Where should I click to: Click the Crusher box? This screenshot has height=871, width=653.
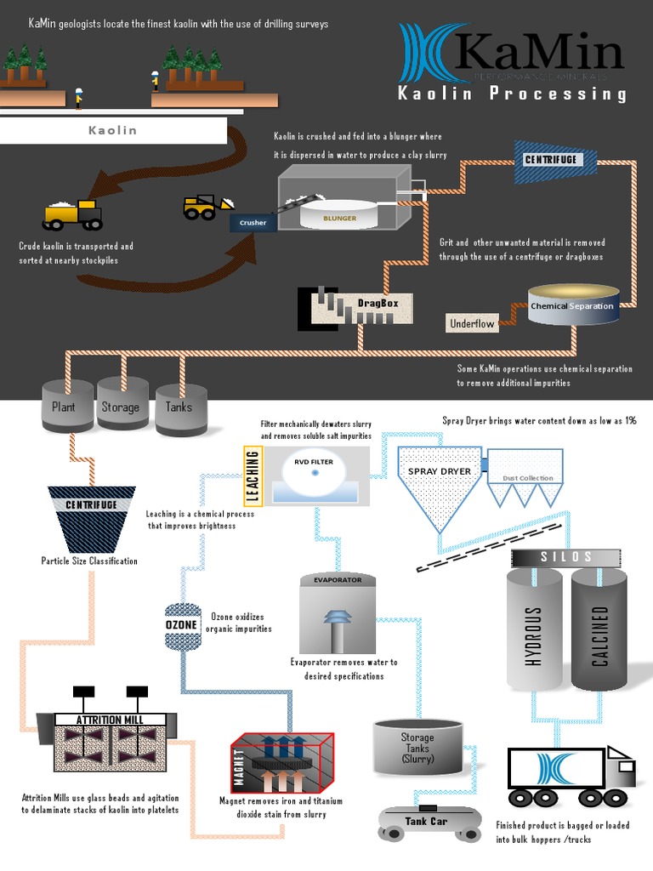(x=253, y=223)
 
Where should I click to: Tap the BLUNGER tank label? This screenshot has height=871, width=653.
(x=339, y=218)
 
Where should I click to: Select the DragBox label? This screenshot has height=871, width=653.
(x=372, y=302)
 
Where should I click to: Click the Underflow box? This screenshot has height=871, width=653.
(x=472, y=323)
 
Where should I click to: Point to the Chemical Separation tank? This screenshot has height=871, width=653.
(x=571, y=306)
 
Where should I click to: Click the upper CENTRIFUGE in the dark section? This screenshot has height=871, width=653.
(x=551, y=159)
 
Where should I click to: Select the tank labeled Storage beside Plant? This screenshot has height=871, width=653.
(x=121, y=406)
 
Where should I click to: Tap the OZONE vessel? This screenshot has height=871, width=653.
(x=181, y=625)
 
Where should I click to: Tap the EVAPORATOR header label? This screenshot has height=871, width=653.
(x=338, y=580)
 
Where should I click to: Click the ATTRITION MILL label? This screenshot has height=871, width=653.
(x=110, y=720)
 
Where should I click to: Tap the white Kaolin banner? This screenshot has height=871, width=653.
(x=113, y=131)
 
